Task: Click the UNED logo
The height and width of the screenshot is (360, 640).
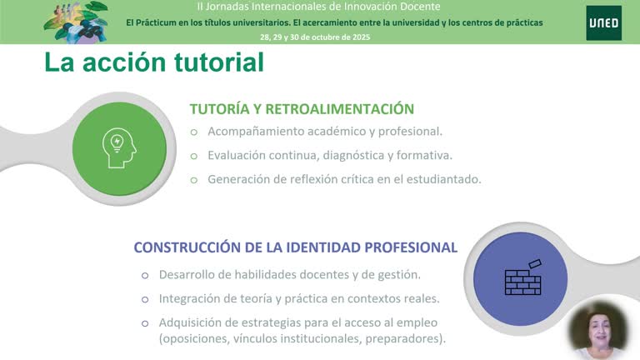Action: pyautogui.click(x=602, y=22)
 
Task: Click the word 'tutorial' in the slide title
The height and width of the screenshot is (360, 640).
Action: pyautogui.click(x=209, y=62)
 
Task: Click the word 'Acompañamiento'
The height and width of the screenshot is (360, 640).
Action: pyautogui.click(x=253, y=132)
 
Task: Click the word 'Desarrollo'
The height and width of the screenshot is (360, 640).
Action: pyautogui.click(x=187, y=274)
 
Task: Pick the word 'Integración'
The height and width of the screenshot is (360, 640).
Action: pyautogui.click(x=191, y=298)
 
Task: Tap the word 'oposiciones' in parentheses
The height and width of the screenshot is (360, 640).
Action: pyautogui.click(x=195, y=338)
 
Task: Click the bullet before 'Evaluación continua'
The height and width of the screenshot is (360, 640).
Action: pyautogui.click(x=194, y=155)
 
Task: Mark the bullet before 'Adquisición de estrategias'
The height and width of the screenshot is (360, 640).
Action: pyautogui.click(x=144, y=322)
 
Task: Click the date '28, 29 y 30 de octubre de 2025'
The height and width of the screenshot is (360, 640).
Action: pyautogui.click(x=315, y=37)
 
